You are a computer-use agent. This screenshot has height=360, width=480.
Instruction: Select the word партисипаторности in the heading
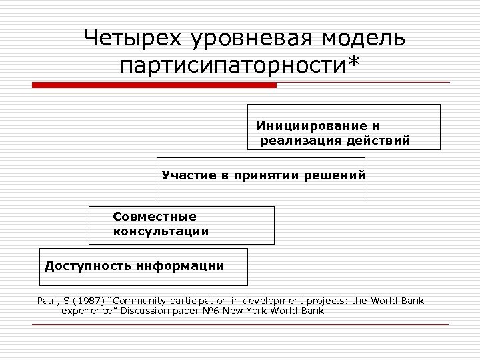point(231,66)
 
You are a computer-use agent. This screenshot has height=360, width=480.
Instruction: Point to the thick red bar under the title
point(154,85)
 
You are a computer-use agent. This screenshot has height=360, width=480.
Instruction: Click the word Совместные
point(155,217)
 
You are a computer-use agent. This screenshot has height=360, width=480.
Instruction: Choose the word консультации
point(161,231)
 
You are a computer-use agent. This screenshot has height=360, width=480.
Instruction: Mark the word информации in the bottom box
point(180,266)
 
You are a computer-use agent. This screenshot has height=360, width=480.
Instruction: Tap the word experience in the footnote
point(86,311)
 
